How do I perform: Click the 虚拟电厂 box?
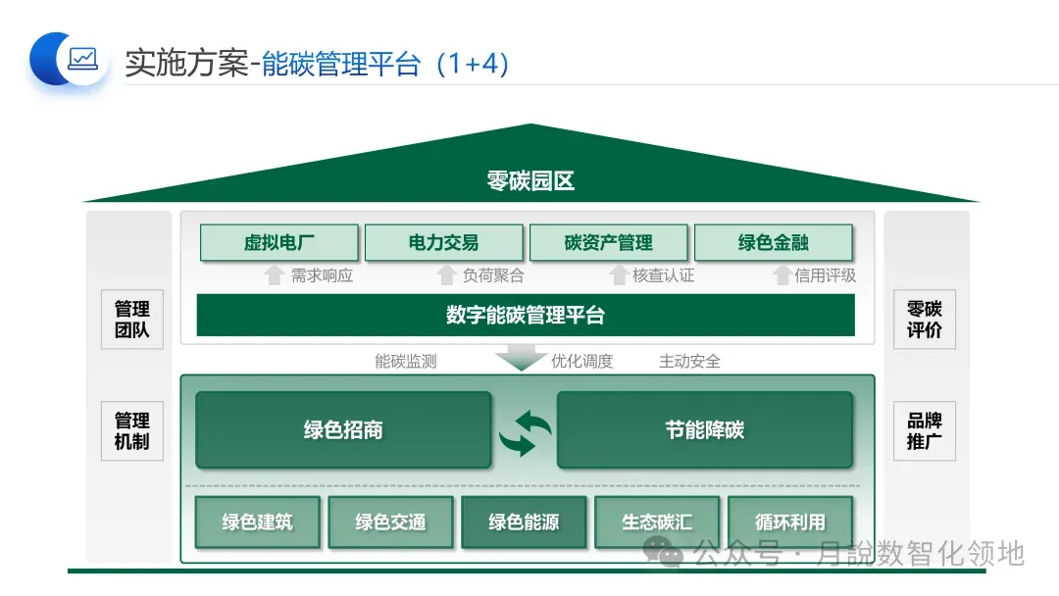(x=278, y=243)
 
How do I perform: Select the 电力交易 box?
(x=443, y=243)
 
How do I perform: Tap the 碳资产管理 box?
(x=608, y=243)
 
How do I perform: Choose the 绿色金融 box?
(x=773, y=243)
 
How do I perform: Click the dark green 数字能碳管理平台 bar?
(x=526, y=316)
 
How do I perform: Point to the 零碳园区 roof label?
(x=529, y=181)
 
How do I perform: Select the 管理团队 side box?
(x=132, y=320)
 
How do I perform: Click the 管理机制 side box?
(x=132, y=431)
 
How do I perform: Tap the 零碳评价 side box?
(x=924, y=320)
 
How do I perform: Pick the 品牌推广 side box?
(x=924, y=431)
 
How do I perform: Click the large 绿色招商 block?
(x=343, y=430)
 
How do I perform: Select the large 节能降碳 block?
(x=704, y=430)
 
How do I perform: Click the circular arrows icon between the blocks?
(x=525, y=432)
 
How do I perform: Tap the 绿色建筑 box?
(x=257, y=522)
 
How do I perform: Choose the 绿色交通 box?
(x=390, y=522)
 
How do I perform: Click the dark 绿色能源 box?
(x=524, y=522)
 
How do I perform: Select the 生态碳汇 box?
(x=657, y=522)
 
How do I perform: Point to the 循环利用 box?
(x=790, y=522)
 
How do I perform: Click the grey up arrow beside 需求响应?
(x=275, y=275)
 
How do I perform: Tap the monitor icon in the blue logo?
(x=82, y=59)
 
